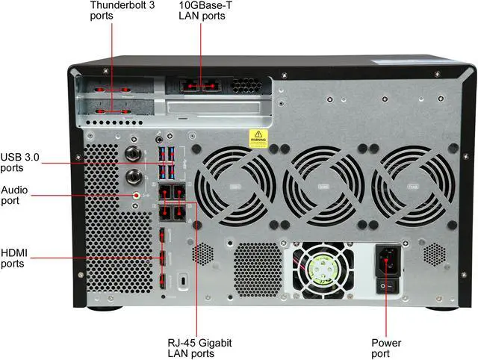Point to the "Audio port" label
[x=14, y=195]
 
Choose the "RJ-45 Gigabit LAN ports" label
[x=199, y=348]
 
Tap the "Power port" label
[x=386, y=348]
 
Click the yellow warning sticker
[x=258, y=138]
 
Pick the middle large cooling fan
[x=323, y=185]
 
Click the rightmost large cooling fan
[x=412, y=185]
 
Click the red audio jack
[x=136, y=195]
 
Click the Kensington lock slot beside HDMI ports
[x=184, y=282]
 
